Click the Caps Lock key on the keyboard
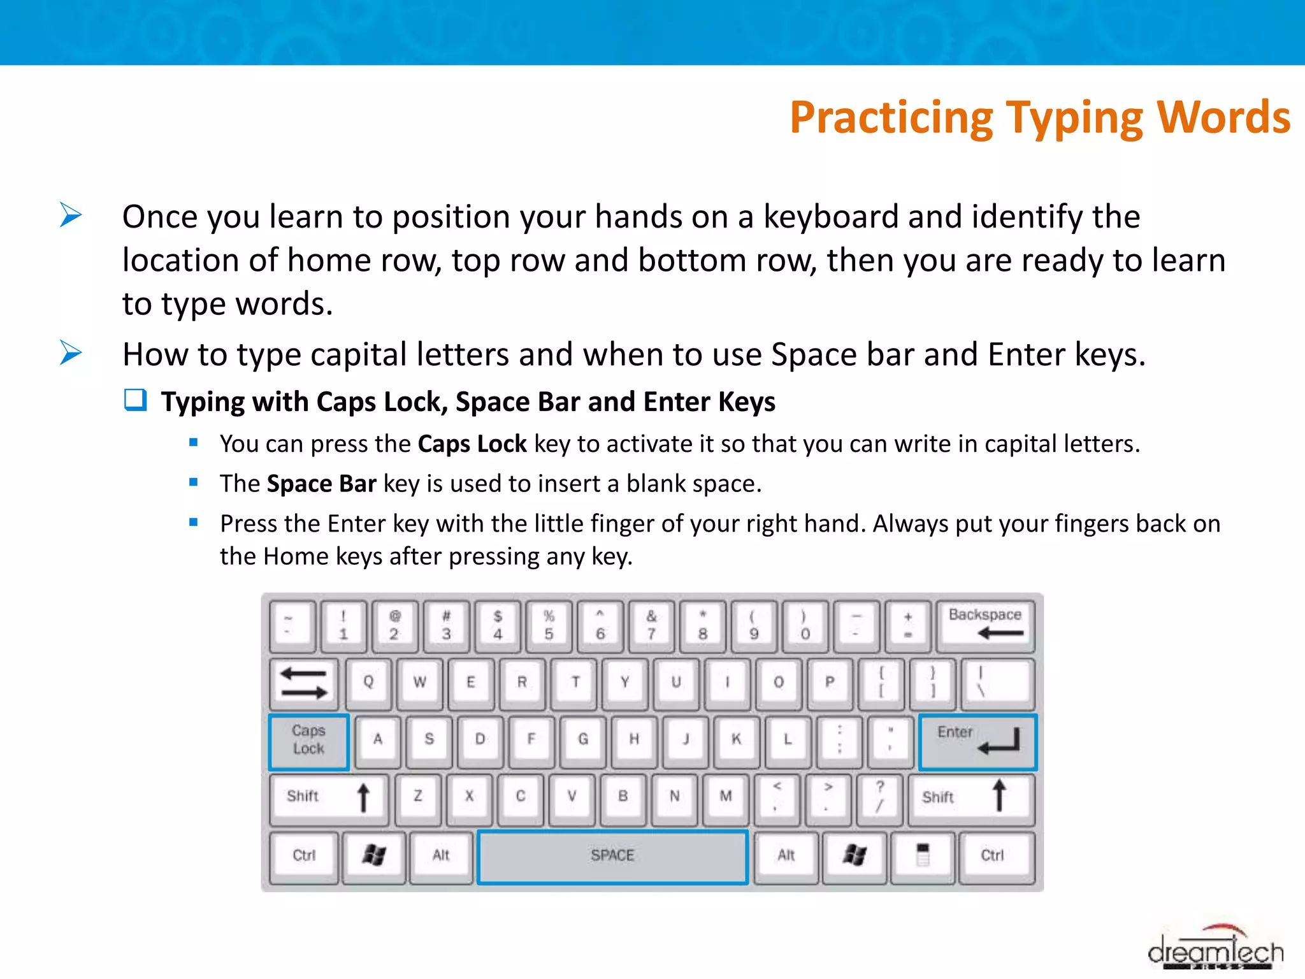pos(308,741)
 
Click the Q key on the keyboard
pos(368,683)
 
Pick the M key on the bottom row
pos(725,797)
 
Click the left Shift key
pos(328,797)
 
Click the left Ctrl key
pos(304,856)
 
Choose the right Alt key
pos(786,856)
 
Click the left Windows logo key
pos(374,856)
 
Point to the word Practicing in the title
pos(891,119)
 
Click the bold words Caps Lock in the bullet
pos(472,444)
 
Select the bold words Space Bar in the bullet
pos(322,484)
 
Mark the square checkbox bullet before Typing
pos(135,401)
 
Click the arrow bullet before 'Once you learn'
pos(71,215)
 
